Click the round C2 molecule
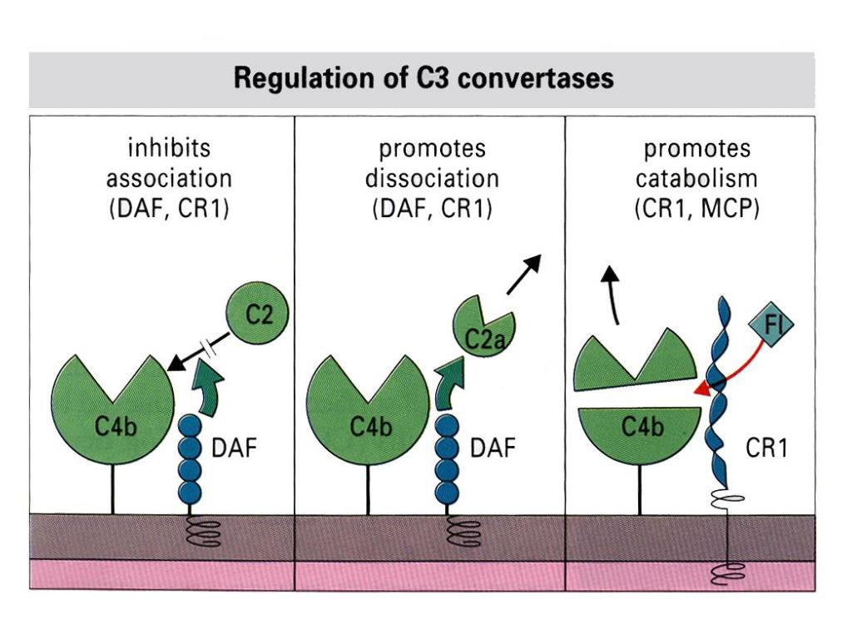257,313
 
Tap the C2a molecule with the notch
483,327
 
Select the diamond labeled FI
771,324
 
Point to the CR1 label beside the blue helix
766,448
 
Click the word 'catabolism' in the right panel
696,178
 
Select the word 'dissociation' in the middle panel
432,178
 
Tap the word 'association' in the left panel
169,178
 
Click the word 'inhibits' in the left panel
169,148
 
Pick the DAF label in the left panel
234,448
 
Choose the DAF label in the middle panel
493,448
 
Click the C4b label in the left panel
115,427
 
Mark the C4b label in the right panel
642,427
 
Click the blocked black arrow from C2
199,352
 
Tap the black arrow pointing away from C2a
524,275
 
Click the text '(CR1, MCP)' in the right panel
696,209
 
